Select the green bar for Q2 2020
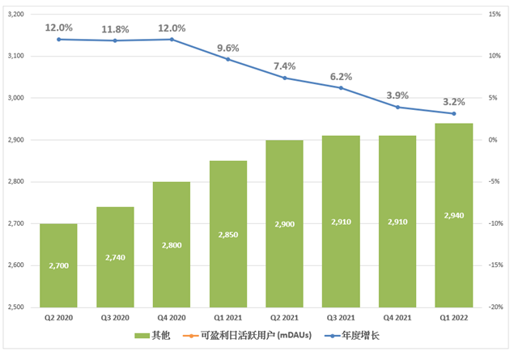tap(59, 265)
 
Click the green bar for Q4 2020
tap(172, 244)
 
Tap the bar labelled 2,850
tap(228, 234)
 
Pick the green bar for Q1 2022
tap(454, 215)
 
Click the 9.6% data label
tap(229, 47)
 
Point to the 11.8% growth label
tap(115, 30)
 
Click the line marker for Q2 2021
tap(285, 78)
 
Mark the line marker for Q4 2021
tap(397, 107)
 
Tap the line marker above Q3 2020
tap(115, 40)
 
